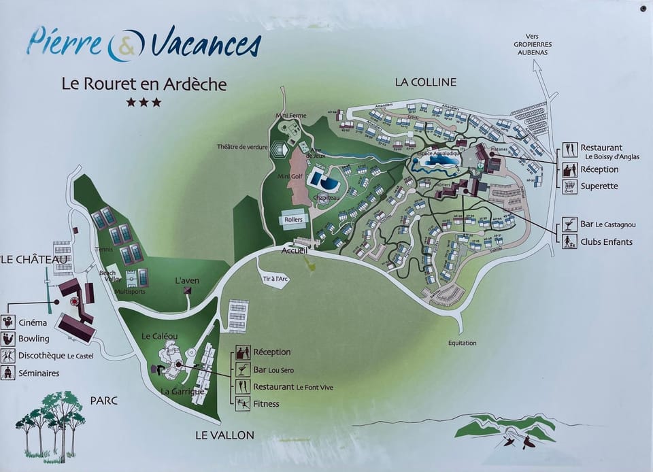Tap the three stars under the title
(143, 103)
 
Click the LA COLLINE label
(425, 82)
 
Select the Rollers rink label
(294, 219)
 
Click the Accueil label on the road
(295, 250)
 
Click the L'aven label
(186, 280)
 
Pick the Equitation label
(462, 343)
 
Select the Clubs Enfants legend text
(606, 241)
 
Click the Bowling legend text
(34, 339)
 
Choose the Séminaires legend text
(39, 373)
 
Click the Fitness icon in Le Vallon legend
(242, 403)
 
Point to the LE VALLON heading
(224, 435)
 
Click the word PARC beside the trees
(103, 401)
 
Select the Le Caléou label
(160, 336)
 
